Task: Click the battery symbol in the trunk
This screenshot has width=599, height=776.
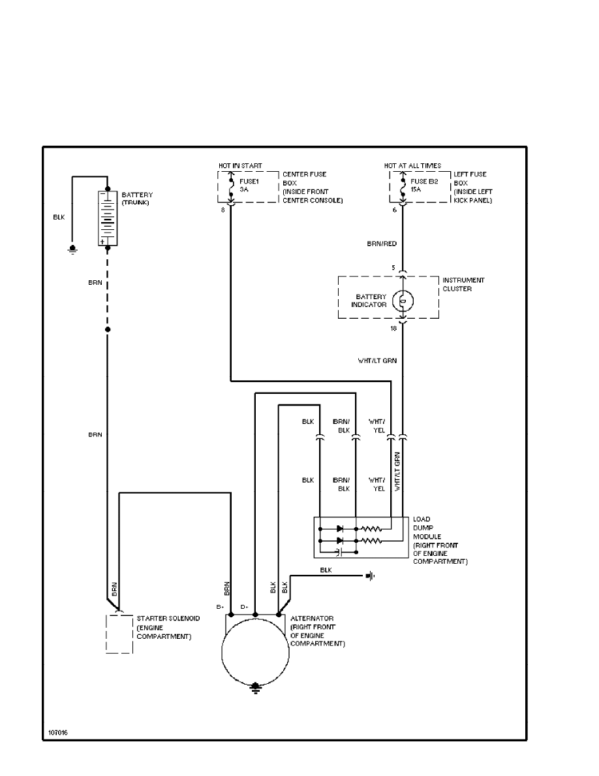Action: [108, 218]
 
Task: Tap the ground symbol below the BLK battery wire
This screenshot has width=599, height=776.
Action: [73, 249]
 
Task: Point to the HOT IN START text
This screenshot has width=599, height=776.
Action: [241, 166]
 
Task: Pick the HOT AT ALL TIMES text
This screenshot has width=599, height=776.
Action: [412, 166]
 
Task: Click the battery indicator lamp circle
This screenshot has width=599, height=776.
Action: [403, 300]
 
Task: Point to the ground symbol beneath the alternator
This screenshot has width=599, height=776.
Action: [255, 688]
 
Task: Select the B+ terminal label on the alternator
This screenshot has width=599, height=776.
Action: [221, 607]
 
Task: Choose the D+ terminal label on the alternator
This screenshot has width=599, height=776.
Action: [244, 607]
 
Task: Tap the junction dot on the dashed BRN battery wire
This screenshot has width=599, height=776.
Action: [108, 330]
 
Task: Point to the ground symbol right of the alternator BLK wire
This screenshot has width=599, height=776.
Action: [371, 575]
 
